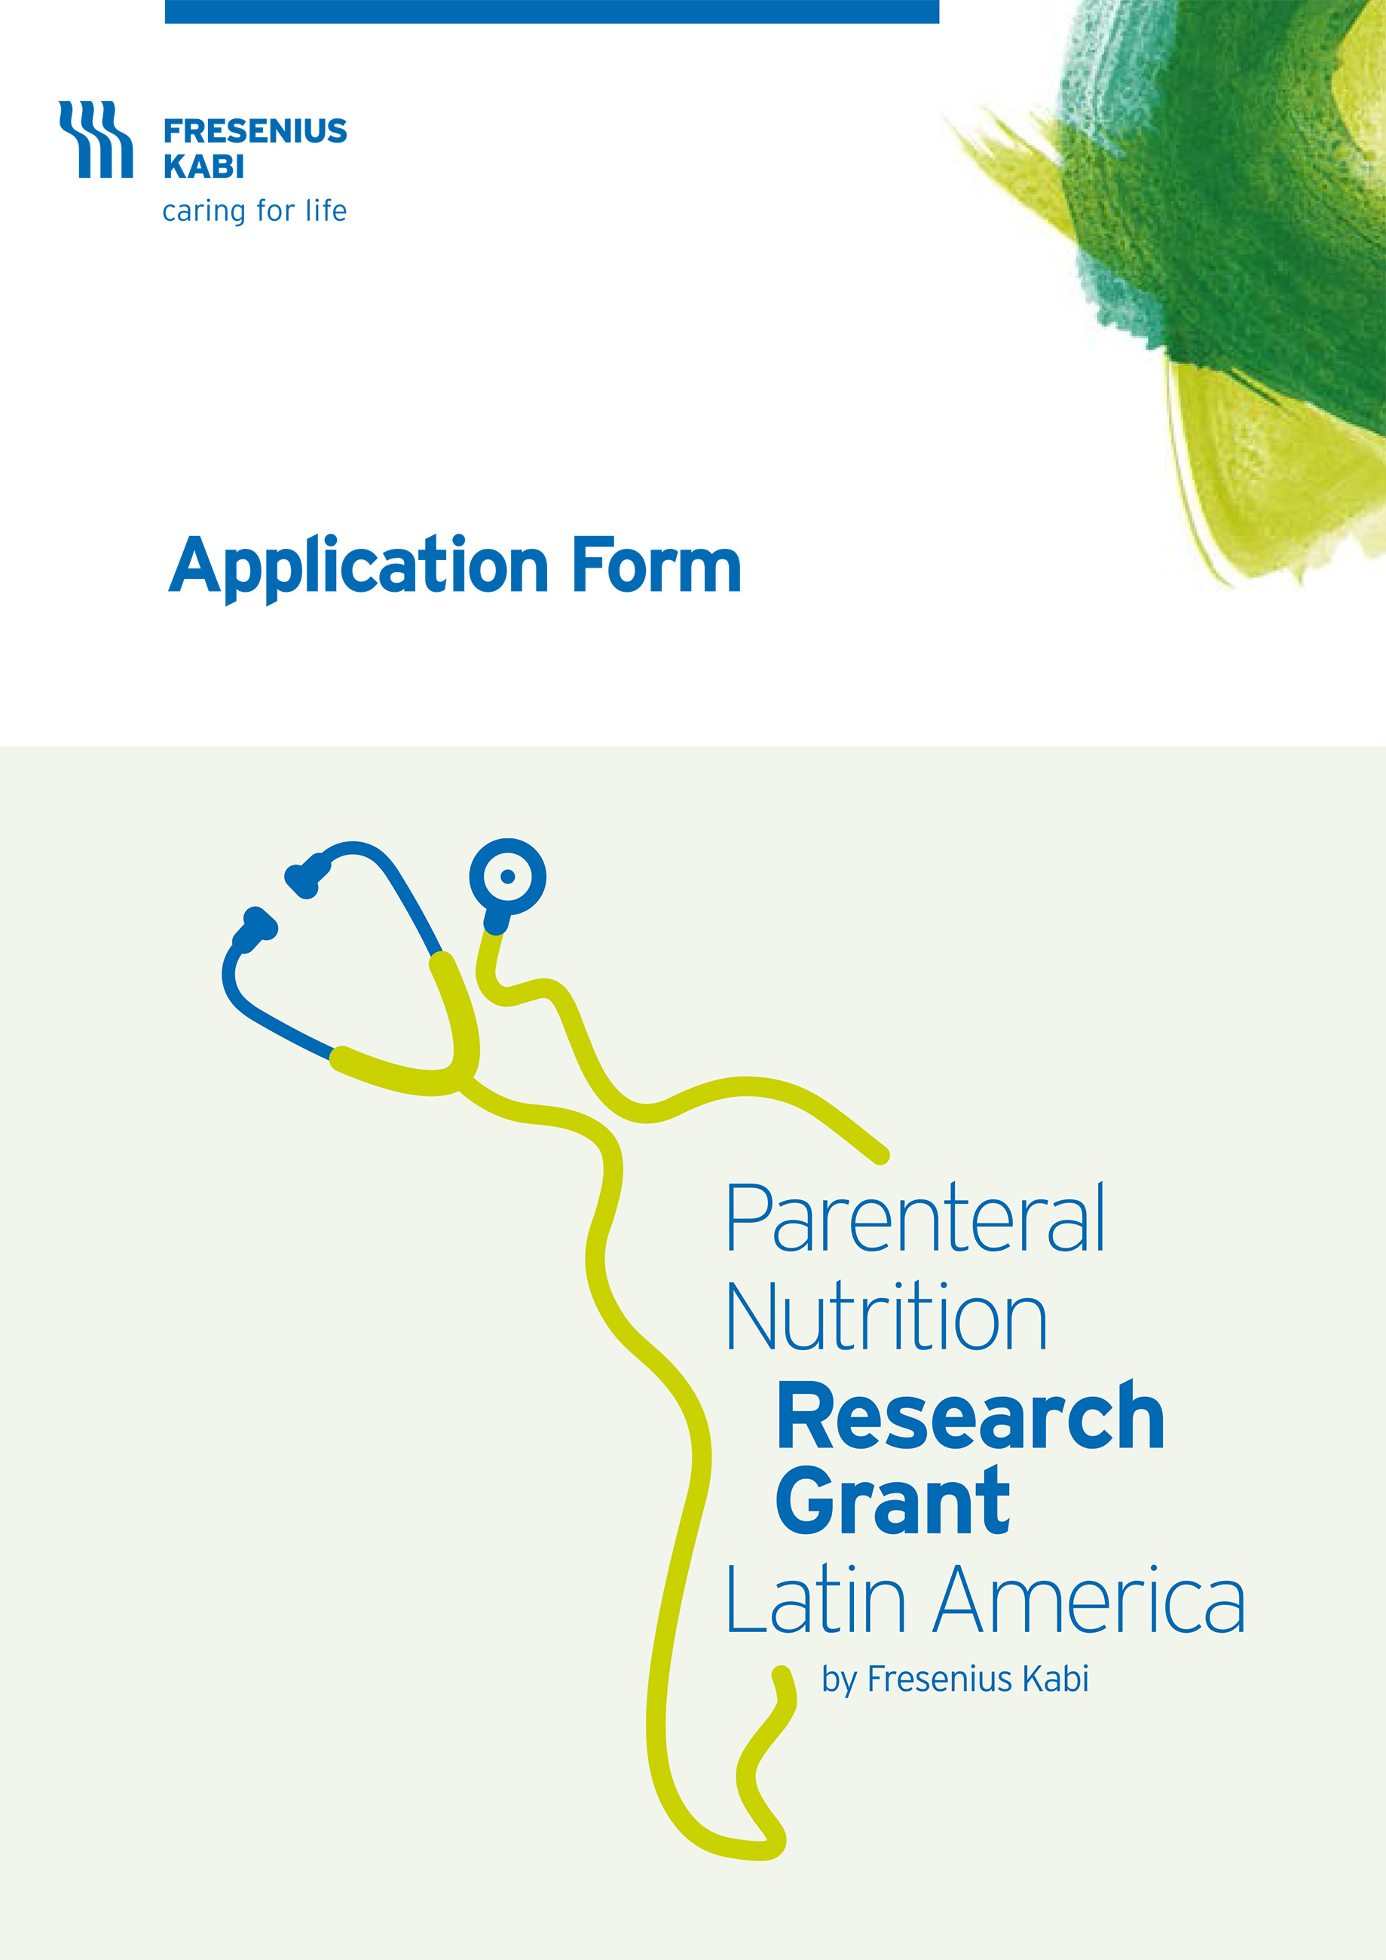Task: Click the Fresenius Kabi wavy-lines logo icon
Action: [x=96, y=139]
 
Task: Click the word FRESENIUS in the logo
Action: [x=255, y=131]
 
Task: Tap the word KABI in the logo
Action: [x=204, y=167]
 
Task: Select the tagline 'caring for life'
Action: [x=254, y=210]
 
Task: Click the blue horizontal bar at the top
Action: [x=552, y=12]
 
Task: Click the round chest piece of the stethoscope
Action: [x=507, y=877]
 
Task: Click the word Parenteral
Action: [x=916, y=1220]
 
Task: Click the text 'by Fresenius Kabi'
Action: [x=955, y=1679]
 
